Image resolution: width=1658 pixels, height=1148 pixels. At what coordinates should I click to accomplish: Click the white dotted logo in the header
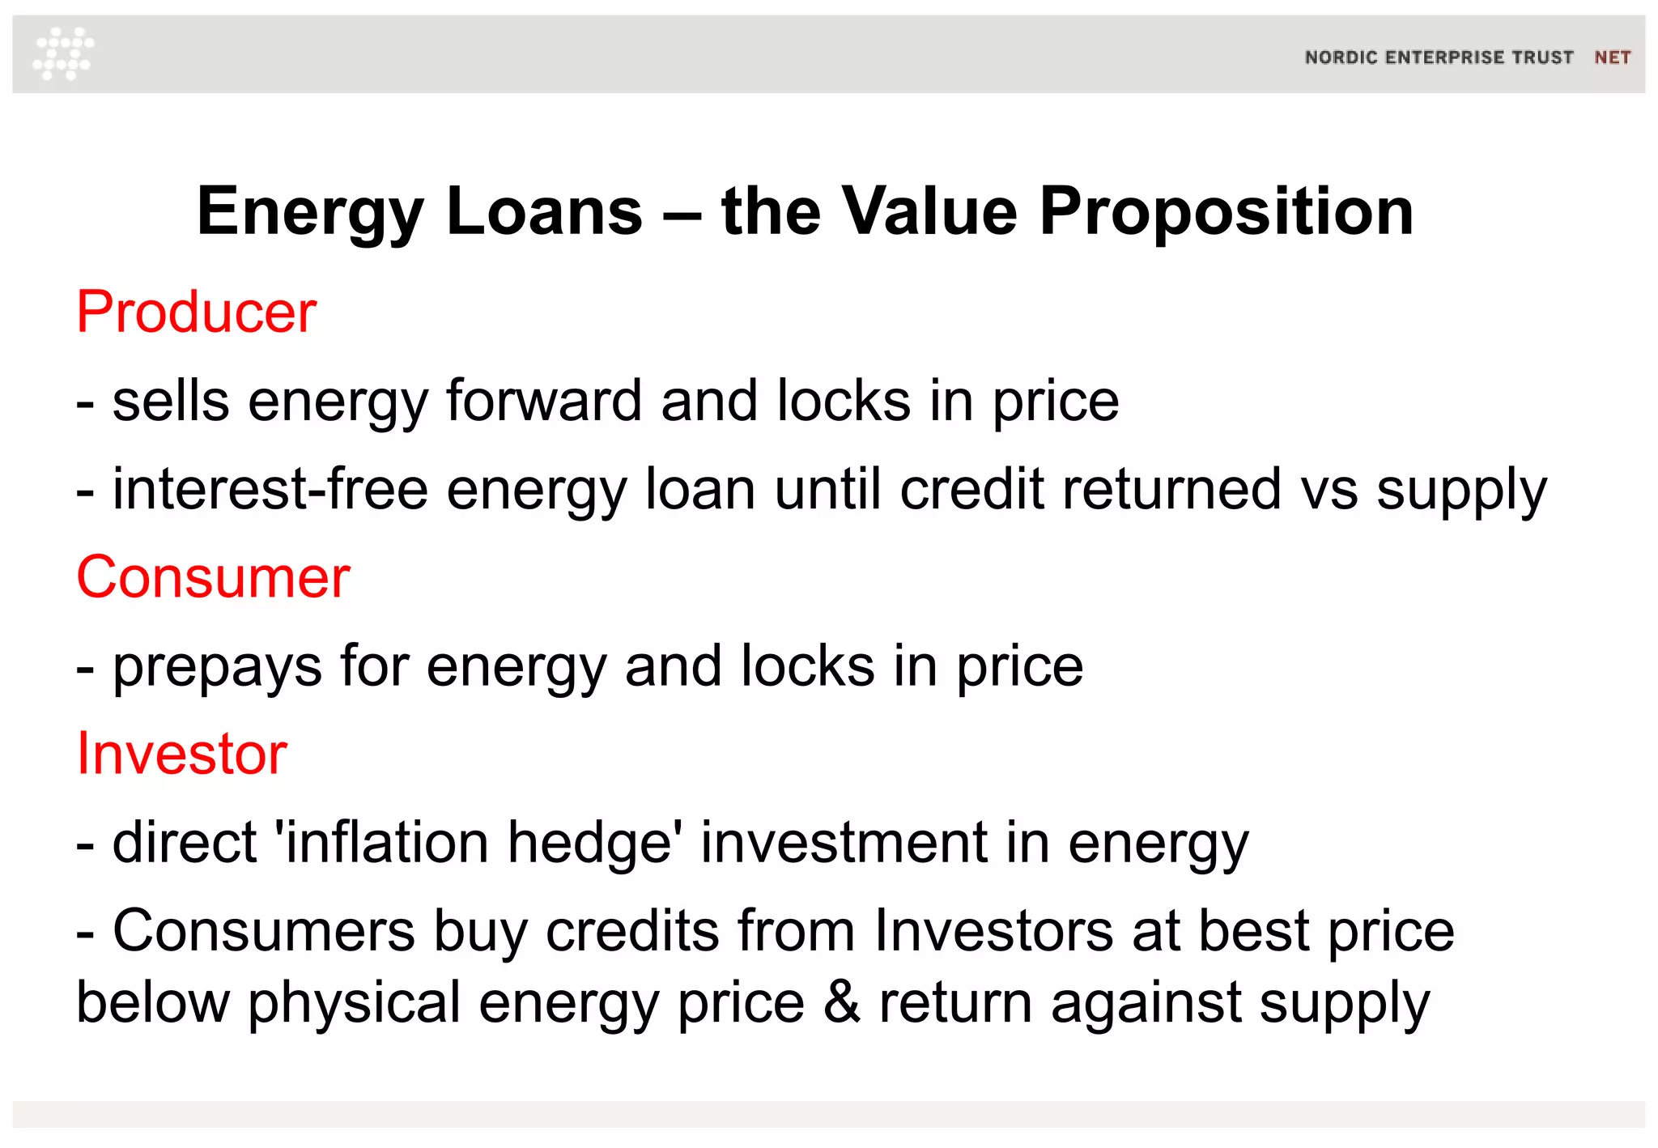(x=63, y=53)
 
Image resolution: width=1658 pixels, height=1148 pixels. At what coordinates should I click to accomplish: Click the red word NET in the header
(x=1612, y=57)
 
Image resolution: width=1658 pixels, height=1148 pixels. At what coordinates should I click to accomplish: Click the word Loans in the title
(x=544, y=211)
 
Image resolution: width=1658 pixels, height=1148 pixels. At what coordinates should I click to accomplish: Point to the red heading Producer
(x=196, y=312)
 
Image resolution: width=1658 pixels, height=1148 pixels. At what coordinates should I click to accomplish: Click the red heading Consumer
(x=213, y=577)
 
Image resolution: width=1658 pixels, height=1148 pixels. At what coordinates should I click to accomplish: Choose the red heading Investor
(x=181, y=754)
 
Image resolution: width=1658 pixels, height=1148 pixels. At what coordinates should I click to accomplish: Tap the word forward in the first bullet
(x=544, y=401)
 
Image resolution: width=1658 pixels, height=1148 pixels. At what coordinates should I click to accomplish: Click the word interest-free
(x=270, y=489)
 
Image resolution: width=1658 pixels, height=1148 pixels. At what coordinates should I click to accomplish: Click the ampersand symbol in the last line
(x=841, y=1002)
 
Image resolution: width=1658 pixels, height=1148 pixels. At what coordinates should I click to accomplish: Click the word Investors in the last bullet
(x=993, y=931)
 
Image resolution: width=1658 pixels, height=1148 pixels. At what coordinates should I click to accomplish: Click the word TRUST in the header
(x=1541, y=57)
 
